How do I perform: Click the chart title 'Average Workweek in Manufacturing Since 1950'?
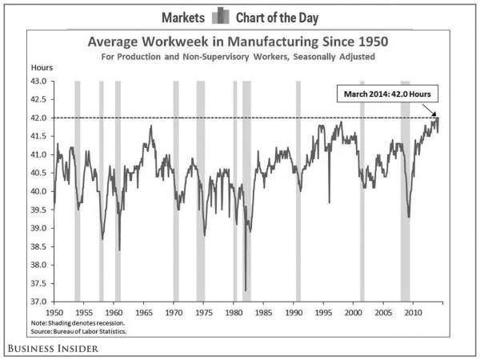(x=238, y=42)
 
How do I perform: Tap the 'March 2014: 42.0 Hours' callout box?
(x=387, y=94)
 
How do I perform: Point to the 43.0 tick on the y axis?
(x=38, y=81)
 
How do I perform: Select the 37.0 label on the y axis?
(x=38, y=302)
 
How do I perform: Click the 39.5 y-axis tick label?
(x=38, y=210)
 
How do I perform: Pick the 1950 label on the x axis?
(x=54, y=313)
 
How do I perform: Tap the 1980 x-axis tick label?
(x=234, y=313)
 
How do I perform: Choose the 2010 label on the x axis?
(x=414, y=313)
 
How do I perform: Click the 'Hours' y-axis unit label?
(x=42, y=67)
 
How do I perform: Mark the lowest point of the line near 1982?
(x=246, y=290)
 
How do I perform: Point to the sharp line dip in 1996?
(x=330, y=202)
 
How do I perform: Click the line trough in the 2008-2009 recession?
(x=409, y=217)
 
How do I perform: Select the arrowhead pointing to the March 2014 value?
(x=434, y=114)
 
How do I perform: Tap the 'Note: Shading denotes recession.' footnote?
(x=78, y=323)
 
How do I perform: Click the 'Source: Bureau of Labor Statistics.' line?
(x=78, y=331)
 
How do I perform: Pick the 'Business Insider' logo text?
(x=53, y=349)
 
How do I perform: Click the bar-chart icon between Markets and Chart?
(x=221, y=16)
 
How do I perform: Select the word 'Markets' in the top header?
(x=183, y=18)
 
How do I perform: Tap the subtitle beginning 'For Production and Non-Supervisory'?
(x=238, y=57)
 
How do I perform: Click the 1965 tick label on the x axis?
(x=144, y=313)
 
